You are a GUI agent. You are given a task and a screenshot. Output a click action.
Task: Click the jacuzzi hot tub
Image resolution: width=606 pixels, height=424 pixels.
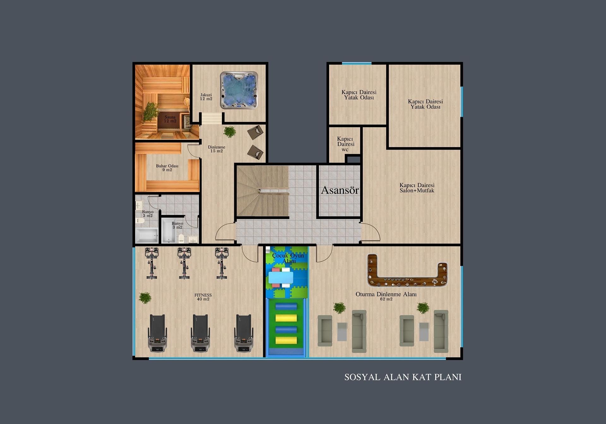pos(239,90)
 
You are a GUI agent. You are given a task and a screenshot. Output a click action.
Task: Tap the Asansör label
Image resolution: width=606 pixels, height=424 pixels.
pos(340,190)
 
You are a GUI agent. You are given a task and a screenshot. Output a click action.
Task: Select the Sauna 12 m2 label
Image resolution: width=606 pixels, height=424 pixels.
pos(170,119)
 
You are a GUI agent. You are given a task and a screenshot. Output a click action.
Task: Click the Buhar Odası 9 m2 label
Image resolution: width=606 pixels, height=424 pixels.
pos(167,168)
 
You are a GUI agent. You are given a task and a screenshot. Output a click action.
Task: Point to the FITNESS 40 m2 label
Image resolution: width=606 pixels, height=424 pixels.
pos(203,297)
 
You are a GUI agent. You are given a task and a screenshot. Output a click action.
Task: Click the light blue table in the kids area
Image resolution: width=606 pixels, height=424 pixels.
pos(281,278)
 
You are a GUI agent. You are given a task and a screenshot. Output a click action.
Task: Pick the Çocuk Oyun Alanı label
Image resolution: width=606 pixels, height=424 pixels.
pos(288,258)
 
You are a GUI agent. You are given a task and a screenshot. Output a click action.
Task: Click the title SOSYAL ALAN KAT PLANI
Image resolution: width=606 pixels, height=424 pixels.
pos(403,377)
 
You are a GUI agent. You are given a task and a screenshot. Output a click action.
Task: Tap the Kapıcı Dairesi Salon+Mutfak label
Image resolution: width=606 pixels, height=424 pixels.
pos(417,188)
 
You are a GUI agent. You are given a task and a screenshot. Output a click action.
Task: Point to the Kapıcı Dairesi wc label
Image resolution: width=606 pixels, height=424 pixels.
pos(345,144)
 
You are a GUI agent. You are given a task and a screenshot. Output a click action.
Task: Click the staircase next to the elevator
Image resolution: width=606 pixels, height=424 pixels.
pos(263,191)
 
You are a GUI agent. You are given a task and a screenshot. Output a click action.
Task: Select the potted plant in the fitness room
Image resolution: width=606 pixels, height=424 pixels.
pos(145,298)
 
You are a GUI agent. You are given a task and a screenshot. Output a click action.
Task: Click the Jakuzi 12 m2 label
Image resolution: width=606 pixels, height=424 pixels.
pos(206,97)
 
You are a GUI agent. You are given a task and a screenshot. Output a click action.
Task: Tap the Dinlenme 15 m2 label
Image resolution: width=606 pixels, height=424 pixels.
pos(217,149)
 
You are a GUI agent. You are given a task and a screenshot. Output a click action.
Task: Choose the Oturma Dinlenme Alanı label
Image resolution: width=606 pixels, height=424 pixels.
pos(386,296)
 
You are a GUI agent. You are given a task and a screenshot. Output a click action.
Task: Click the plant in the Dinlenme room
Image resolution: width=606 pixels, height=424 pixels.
pos(230,132)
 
